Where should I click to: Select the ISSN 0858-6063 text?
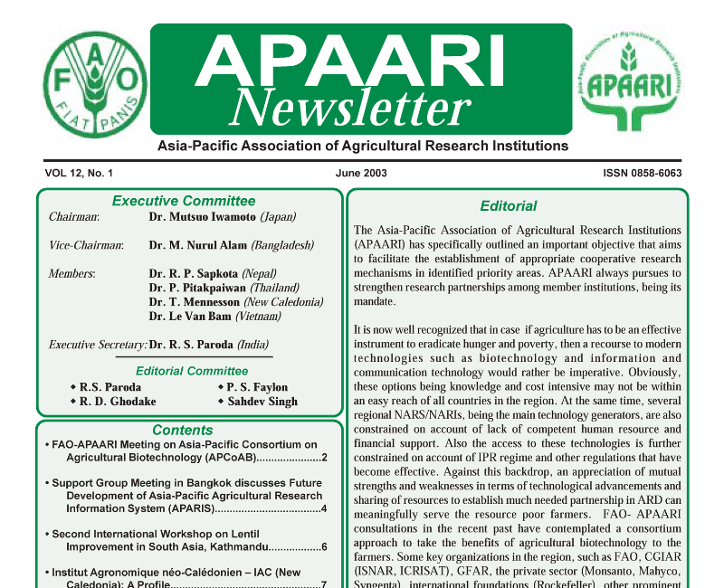coord(642,173)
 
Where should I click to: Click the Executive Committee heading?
coord(184,201)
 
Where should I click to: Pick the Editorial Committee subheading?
coord(192,371)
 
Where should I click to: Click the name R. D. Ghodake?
coord(117,403)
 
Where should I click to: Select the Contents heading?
coord(183,431)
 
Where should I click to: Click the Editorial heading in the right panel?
coord(509,205)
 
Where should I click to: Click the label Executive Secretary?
coord(98,345)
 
